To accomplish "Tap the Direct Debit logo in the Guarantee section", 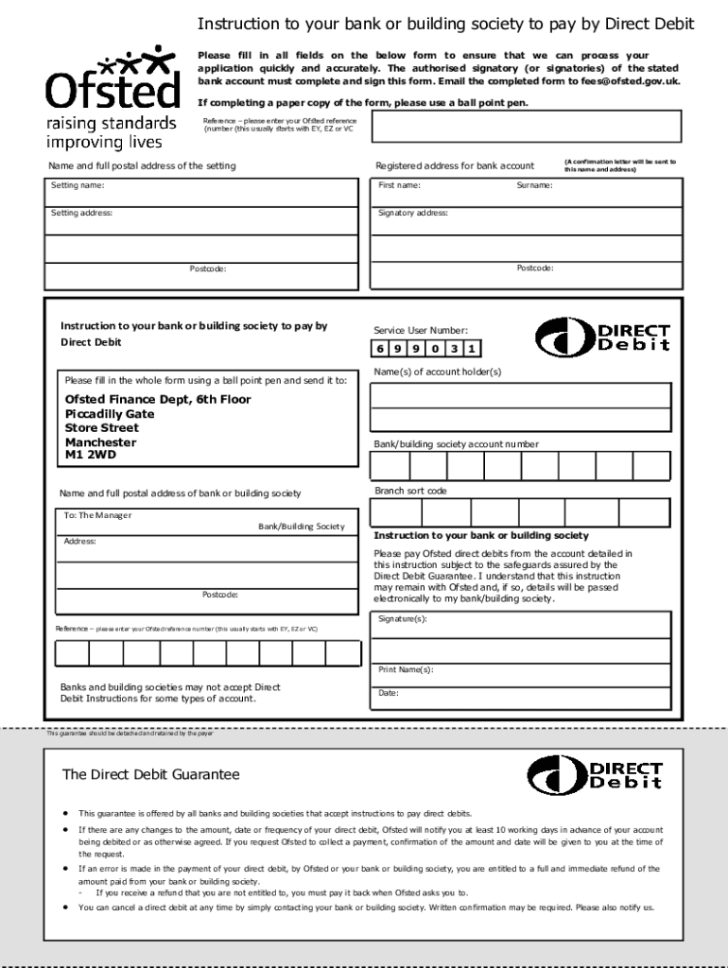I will pos(595,775).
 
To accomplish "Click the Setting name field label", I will pos(78,186).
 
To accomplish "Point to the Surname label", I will pos(534,186).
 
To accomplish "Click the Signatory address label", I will pos(413,214).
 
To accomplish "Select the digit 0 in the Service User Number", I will pos(432,349).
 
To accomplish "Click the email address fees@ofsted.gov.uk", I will pos(630,81).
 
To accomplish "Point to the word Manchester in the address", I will pos(100,442).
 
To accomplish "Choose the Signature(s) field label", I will pos(403,619).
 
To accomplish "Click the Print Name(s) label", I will pos(406,669).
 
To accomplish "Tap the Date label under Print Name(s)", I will pos(389,693).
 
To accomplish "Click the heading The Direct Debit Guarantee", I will pos(151,774).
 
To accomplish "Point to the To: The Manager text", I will pos(98,516).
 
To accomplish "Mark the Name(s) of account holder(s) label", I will pos(437,372).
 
